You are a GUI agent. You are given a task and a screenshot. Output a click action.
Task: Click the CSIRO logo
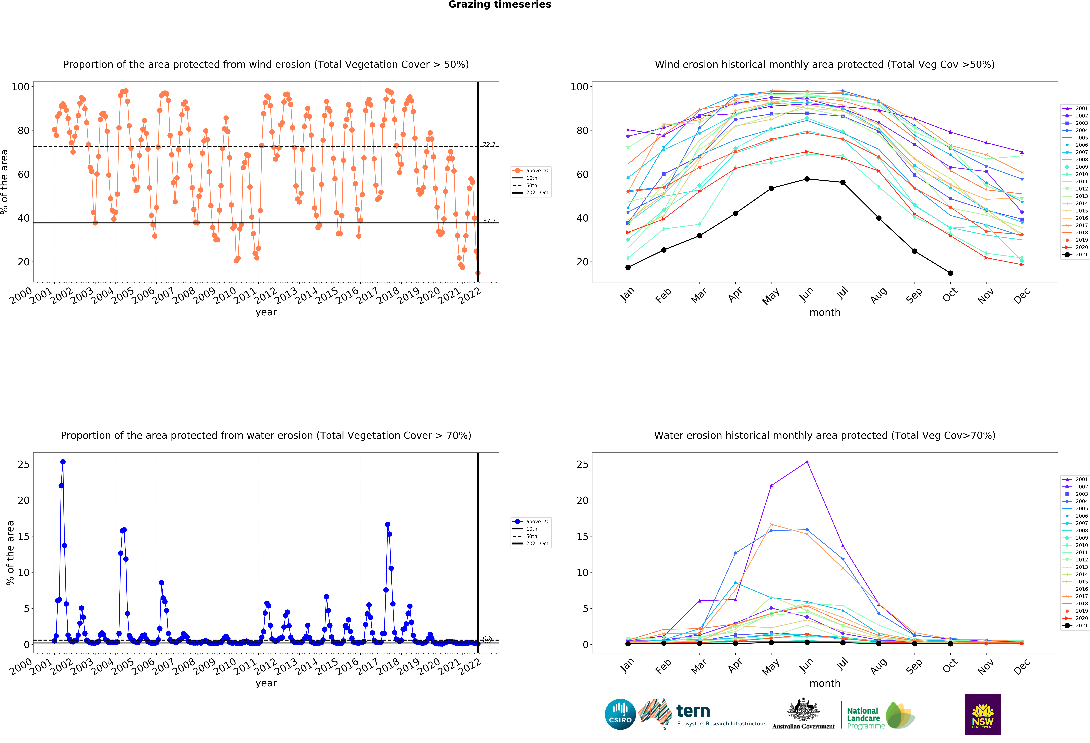tap(620, 714)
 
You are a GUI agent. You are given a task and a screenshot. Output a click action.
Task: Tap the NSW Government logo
tap(983, 714)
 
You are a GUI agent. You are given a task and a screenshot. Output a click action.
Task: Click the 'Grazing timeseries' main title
tap(499, 5)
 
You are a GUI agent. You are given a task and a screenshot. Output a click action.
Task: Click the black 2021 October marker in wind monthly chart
tap(950, 273)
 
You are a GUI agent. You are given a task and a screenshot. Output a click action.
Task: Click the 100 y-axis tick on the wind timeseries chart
tap(21, 87)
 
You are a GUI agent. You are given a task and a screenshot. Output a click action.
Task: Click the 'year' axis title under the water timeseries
tap(266, 683)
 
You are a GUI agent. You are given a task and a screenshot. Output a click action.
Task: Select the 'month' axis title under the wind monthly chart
tap(825, 312)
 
